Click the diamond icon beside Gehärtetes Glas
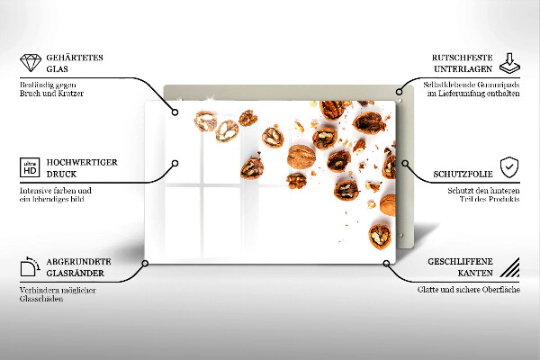31,63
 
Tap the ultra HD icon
30,167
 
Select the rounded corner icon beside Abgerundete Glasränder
30,266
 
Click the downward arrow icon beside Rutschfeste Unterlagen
509,63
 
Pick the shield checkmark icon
509,167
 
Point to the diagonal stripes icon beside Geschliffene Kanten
509,267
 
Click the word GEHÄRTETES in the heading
75,58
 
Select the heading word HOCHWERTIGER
82,162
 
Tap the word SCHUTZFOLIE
463,174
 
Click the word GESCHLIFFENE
460,262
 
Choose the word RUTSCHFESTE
463,58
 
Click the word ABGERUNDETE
79,262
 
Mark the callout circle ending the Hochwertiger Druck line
175,163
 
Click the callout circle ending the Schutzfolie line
405,163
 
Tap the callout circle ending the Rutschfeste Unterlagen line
399,92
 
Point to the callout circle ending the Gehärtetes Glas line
175,112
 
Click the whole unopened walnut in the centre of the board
301,157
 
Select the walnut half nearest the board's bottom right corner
380,237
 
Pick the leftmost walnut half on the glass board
205,121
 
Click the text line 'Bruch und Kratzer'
51,94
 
